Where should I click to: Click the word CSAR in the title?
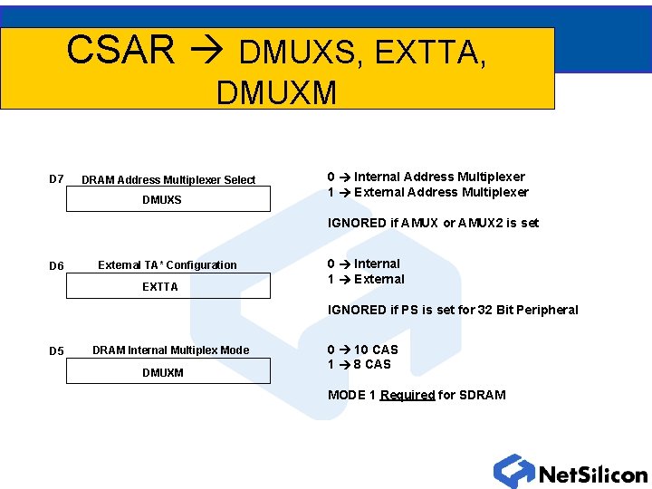(x=120, y=51)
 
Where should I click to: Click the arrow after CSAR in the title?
(x=207, y=53)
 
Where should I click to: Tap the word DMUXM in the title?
(x=276, y=91)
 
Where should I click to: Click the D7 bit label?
(x=56, y=179)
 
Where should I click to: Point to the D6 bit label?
(x=56, y=266)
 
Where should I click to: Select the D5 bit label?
(x=56, y=351)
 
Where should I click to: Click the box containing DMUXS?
(x=168, y=199)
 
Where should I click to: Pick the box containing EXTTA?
(x=168, y=286)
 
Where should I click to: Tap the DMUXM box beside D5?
(x=168, y=372)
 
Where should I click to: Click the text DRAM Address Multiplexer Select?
(x=168, y=180)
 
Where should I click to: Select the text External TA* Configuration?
(x=168, y=265)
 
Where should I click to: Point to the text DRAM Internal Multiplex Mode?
(x=170, y=350)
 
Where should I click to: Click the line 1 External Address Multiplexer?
(x=427, y=192)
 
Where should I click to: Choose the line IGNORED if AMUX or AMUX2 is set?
(x=433, y=223)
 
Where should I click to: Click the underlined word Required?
(x=407, y=395)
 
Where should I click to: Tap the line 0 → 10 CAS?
(x=362, y=350)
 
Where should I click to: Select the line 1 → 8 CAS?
(x=359, y=364)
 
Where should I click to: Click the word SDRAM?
(x=484, y=395)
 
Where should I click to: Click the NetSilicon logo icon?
(x=514, y=472)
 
